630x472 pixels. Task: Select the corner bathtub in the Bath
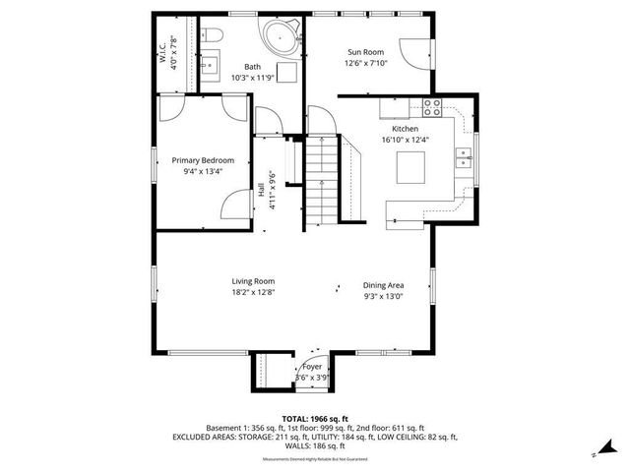pyautogui.click(x=281, y=37)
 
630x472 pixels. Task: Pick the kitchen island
pyautogui.click(x=410, y=169)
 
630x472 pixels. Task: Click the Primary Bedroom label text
pyautogui.click(x=203, y=159)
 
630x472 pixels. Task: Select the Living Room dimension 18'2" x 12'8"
pyautogui.click(x=252, y=292)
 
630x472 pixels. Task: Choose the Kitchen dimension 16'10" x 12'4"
pyautogui.click(x=405, y=140)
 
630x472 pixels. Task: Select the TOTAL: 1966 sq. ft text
pyautogui.click(x=315, y=418)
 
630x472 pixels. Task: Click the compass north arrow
pyautogui.click(x=596, y=453)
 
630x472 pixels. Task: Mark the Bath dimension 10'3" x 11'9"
pyautogui.click(x=253, y=78)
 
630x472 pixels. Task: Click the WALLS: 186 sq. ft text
pyautogui.click(x=315, y=445)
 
